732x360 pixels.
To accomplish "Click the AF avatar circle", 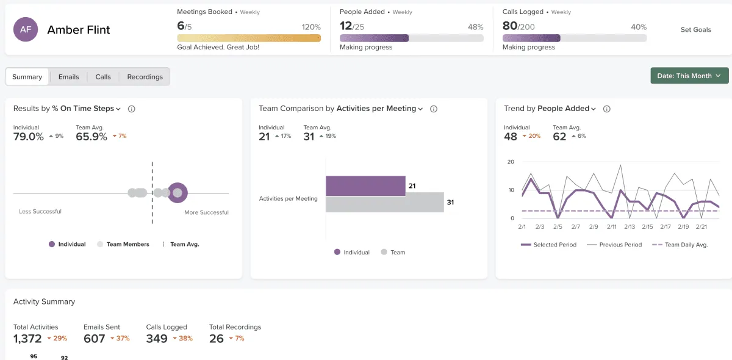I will [x=26, y=29].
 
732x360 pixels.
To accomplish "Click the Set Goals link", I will [x=695, y=30].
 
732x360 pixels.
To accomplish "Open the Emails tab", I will [x=68, y=77].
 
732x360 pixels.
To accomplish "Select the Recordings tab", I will [x=145, y=77].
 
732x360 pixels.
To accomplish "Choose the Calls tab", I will [x=103, y=77].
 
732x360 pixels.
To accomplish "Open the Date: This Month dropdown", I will [x=689, y=76].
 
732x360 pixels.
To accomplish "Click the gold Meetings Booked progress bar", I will [x=248, y=38].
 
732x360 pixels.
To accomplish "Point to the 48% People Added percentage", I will [x=475, y=27].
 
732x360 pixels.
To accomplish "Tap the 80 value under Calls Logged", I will [x=510, y=26].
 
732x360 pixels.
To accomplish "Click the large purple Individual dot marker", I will [x=178, y=193].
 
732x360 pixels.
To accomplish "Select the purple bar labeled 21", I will [x=365, y=185].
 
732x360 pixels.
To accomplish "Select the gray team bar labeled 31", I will [x=384, y=203].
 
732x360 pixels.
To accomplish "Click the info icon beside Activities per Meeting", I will [x=434, y=109].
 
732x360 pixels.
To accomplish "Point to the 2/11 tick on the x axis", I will [x=611, y=227].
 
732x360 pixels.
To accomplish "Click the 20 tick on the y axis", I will [x=511, y=162].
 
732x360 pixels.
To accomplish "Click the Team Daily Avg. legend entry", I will [x=680, y=245].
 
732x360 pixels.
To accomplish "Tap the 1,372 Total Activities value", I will [x=27, y=339].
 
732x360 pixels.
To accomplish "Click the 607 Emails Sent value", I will [x=95, y=339].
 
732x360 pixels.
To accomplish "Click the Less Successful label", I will [x=40, y=212].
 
